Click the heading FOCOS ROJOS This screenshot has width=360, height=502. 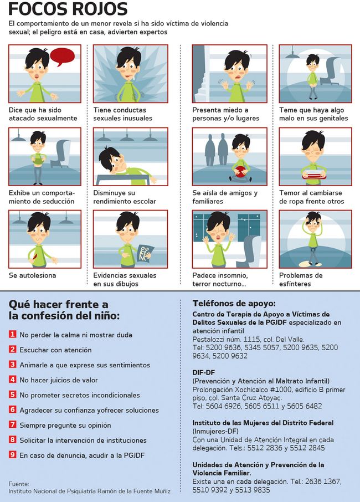click(x=68, y=9)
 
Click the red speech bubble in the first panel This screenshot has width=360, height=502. click(x=62, y=56)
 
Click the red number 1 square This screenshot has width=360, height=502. click(x=12, y=335)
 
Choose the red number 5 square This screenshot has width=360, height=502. click(x=12, y=395)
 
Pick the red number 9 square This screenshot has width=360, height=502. click(x=12, y=455)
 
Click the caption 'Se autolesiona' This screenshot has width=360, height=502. click(x=32, y=275)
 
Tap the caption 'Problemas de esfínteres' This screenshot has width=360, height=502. click(x=301, y=279)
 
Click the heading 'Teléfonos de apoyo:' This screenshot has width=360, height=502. click(x=234, y=304)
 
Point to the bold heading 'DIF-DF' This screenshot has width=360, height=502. click(x=204, y=372)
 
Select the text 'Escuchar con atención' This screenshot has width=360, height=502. click(x=55, y=350)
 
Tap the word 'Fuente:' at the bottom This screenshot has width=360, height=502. click(x=19, y=484)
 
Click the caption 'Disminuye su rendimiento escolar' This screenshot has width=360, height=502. click(x=124, y=197)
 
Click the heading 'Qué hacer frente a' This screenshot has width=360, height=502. click(x=58, y=304)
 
